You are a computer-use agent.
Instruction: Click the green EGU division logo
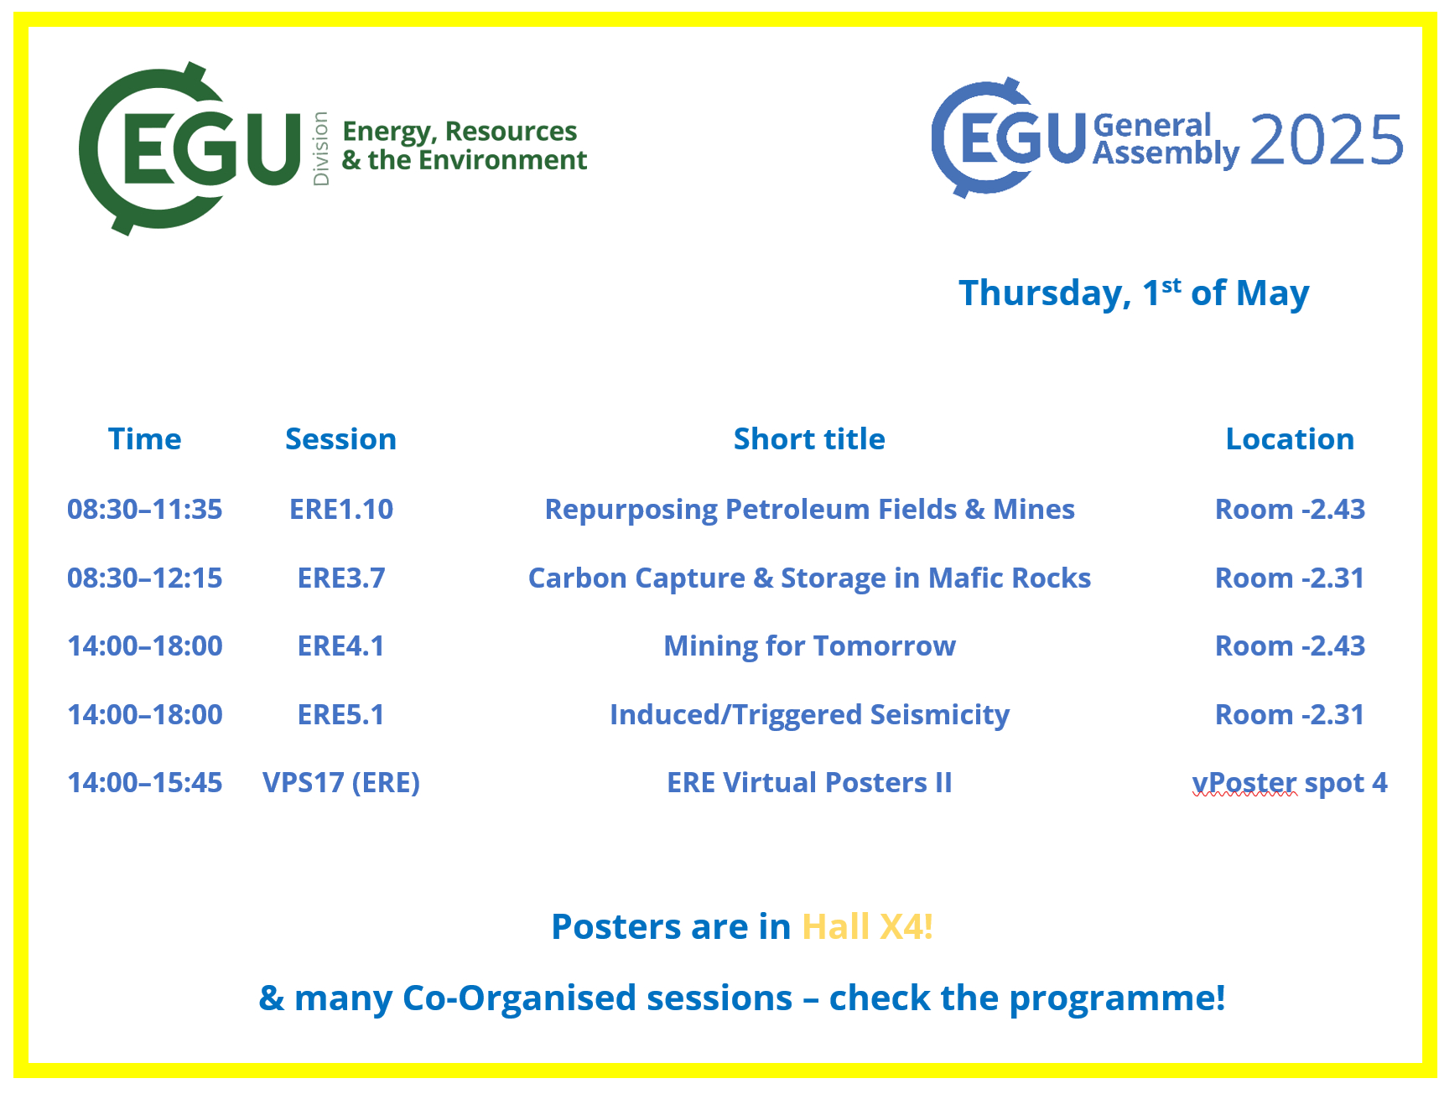[x=333, y=148]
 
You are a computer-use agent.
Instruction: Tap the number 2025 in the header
[x=1327, y=140]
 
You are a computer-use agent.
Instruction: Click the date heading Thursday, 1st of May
[x=1134, y=293]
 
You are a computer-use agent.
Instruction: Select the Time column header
[x=144, y=438]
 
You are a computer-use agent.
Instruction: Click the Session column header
[x=340, y=438]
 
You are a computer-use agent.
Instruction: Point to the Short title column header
[x=809, y=438]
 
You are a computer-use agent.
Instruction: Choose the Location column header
[x=1290, y=438]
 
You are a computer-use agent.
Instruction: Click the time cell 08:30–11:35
[x=145, y=509]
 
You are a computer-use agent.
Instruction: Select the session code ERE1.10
[x=341, y=509]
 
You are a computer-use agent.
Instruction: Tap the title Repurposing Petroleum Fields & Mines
[x=810, y=510]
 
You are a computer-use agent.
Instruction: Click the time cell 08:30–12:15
[x=145, y=578]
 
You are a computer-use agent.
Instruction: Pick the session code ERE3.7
[x=341, y=578]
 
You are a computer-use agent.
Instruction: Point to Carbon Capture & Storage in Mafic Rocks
[x=810, y=578]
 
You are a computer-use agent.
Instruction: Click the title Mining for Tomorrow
[x=810, y=646]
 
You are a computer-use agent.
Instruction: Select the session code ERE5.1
[x=341, y=714]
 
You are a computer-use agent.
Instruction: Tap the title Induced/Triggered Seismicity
[x=810, y=715]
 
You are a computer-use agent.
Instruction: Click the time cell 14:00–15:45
[x=145, y=782]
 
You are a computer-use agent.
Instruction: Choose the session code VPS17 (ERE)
[x=341, y=783]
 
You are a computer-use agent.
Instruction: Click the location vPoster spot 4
[x=1290, y=783]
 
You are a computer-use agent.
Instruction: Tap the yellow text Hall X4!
[x=868, y=926]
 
